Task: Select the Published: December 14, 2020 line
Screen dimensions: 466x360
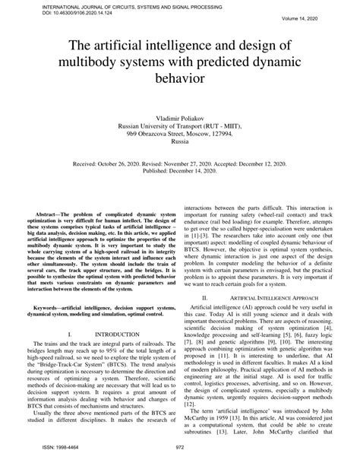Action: pos(180,170)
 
